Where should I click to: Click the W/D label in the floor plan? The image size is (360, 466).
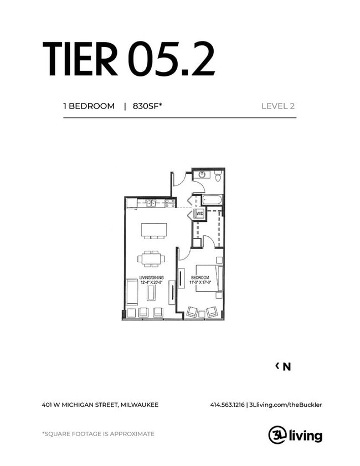tap(198, 213)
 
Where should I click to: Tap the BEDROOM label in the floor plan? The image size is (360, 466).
tap(200, 277)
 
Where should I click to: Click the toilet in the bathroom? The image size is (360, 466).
tap(218, 177)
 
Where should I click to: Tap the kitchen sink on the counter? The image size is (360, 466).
tap(151, 203)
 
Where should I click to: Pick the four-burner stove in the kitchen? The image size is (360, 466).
tap(170, 203)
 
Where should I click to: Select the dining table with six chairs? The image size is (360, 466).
tap(151, 258)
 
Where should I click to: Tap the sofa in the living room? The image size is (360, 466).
tap(132, 292)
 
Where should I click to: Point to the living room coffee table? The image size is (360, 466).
tap(151, 292)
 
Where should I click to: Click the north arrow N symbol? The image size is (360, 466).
tap(286, 366)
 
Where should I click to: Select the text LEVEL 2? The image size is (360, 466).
tap(277, 106)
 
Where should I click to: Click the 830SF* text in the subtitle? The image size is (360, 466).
tap(147, 106)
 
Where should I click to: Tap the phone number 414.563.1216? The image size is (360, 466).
tap(227, 405)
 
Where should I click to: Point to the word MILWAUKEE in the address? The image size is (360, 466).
tap(139, 405)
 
